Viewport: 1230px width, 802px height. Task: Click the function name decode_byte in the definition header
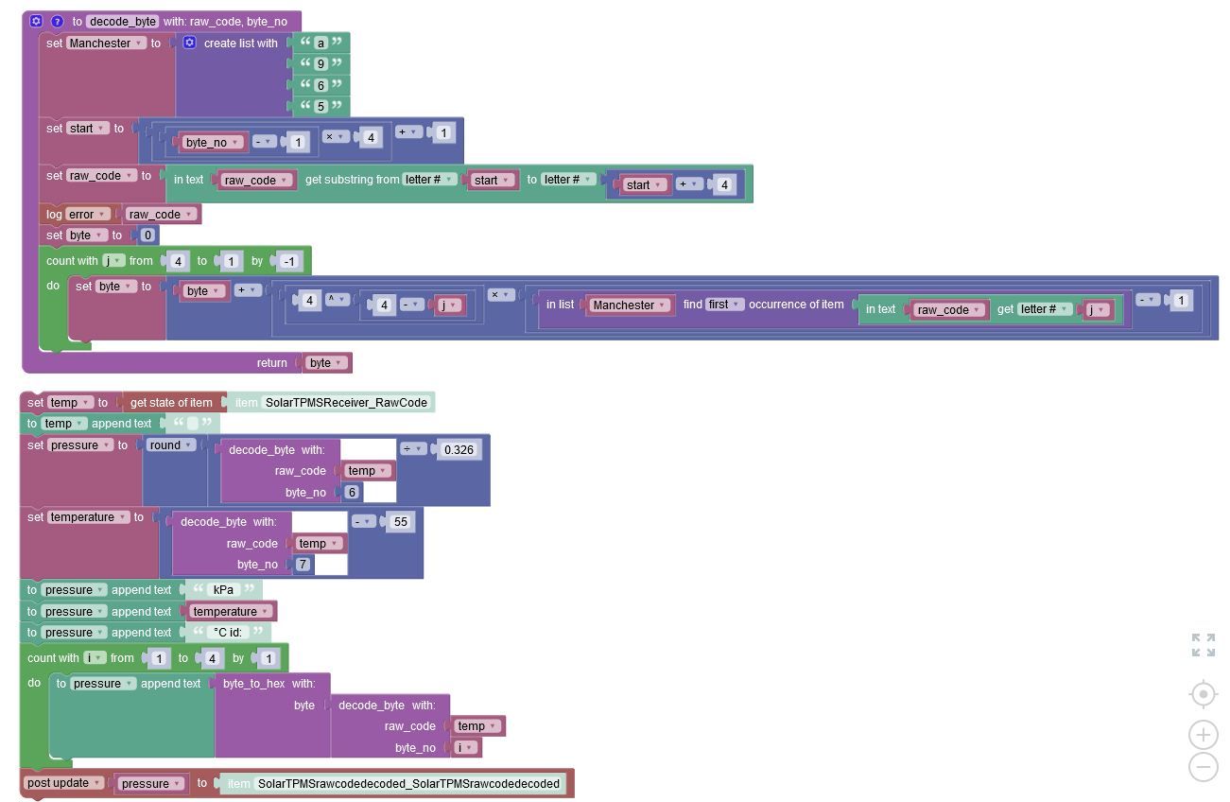click(x=123, y=21)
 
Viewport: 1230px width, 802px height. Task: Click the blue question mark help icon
click(x=57, y=21)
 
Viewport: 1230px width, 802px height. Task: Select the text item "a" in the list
click(x=320, y=43)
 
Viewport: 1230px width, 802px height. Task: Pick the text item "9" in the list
click(x=320, y=64)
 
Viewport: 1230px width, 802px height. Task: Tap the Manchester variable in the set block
click(x=106, y=43)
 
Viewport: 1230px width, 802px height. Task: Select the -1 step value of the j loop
click(x=290, y=261)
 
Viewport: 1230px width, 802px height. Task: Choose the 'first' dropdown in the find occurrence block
click(x=722, y=305)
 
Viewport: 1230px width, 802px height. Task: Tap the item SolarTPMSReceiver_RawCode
click(x=346, y=403)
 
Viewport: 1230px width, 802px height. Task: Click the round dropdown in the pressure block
click(x=171, y=445)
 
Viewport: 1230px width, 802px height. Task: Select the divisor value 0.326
click(x=459, y=449)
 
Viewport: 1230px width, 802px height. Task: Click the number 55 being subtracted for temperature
click(x=400, y=522)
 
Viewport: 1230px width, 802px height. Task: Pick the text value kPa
click(x=221, y=590)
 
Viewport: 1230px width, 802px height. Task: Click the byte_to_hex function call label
click(x=255, y=684)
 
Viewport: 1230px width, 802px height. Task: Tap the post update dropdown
click(x=63, y=783)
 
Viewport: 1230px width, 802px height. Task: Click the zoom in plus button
click(x=1203, y=735)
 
